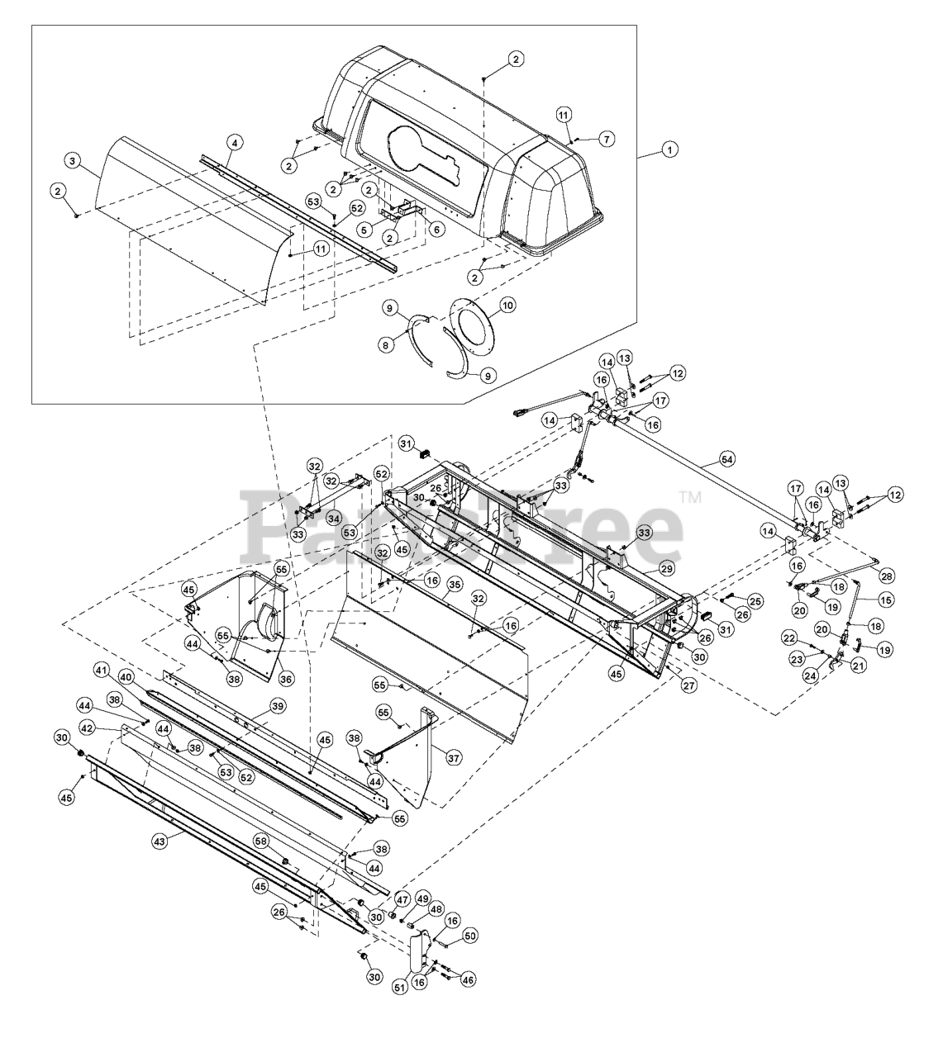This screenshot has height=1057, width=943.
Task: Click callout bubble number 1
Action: pos(670,150)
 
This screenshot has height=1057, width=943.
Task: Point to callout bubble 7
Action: pos(607,139)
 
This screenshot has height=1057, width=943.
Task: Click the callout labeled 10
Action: pos(507,306)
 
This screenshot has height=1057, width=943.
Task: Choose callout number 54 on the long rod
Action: pos(726,457)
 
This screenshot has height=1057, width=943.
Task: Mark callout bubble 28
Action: pos(887,575)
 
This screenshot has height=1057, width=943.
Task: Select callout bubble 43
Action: pos(160,840)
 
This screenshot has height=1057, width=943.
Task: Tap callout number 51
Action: pos(400,987)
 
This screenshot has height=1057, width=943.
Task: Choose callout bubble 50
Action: pos(470,936)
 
